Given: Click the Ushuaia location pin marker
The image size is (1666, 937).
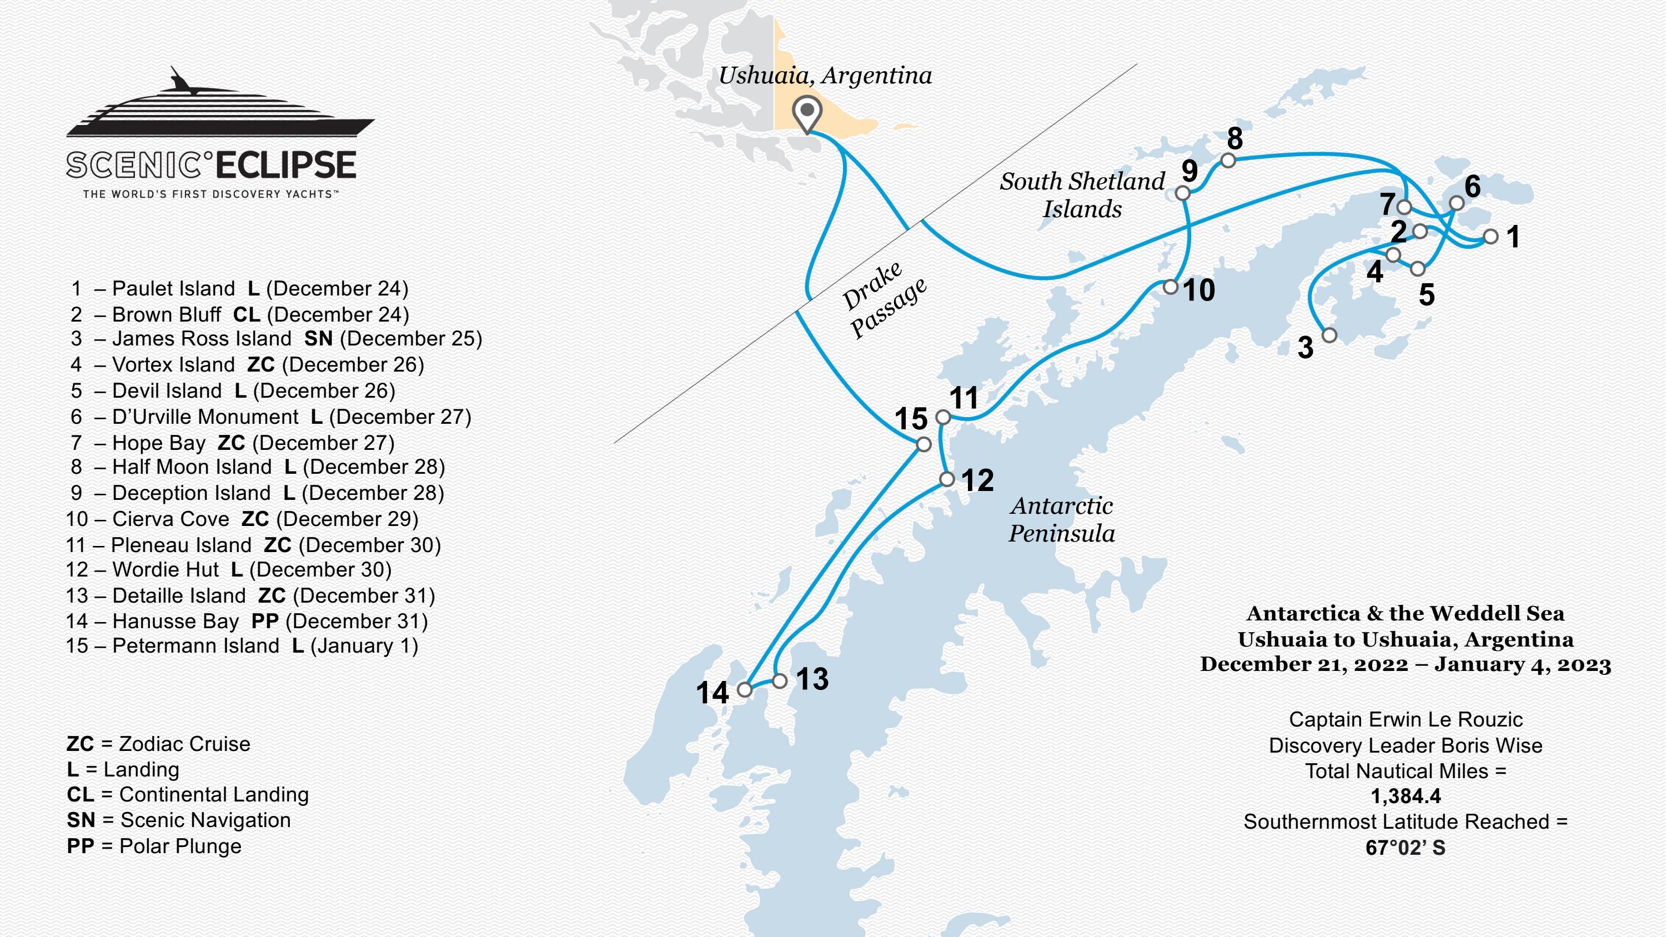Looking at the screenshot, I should [x=807, y=113].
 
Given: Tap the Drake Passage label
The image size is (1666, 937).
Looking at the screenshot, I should [x=884, y=299].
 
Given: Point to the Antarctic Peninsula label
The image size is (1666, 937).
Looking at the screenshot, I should [x=1061, y=519].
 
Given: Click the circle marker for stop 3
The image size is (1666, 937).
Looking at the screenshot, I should [x=1329, y=335].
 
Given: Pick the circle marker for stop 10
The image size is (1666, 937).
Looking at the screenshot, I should [x=1171, y=287].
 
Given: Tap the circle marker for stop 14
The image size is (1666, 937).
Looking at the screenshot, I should [x=745, y=689].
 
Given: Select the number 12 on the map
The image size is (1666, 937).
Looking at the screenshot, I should [x=977, y=480].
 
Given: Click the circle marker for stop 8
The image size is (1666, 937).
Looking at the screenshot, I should [x=1228, y=160].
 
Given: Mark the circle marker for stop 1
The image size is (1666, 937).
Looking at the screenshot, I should [x=1491, y=237].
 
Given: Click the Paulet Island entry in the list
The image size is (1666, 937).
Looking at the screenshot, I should [x=239, y=288].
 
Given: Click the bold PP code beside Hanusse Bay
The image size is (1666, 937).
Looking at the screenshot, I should [x=264, y=621].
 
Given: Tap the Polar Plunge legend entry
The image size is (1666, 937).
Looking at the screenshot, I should [x=154, y=846].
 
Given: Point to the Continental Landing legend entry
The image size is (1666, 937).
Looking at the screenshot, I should [x=188, y=794].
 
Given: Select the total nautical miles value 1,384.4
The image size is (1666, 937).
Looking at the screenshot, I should [x=1406, y=796].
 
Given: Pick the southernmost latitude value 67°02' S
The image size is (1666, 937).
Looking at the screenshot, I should [x=1406, y=847].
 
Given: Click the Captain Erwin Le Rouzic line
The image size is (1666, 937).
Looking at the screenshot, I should [x=1406, y=719].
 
